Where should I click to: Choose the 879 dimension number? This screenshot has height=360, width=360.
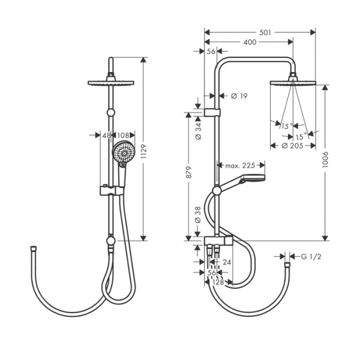pyautogui.click(x=189, y=177)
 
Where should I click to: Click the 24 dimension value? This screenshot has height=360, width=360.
pyautogui.click(x=226, y=262)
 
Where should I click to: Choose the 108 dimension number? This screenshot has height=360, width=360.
pyautogui.click(x=122, y=135)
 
